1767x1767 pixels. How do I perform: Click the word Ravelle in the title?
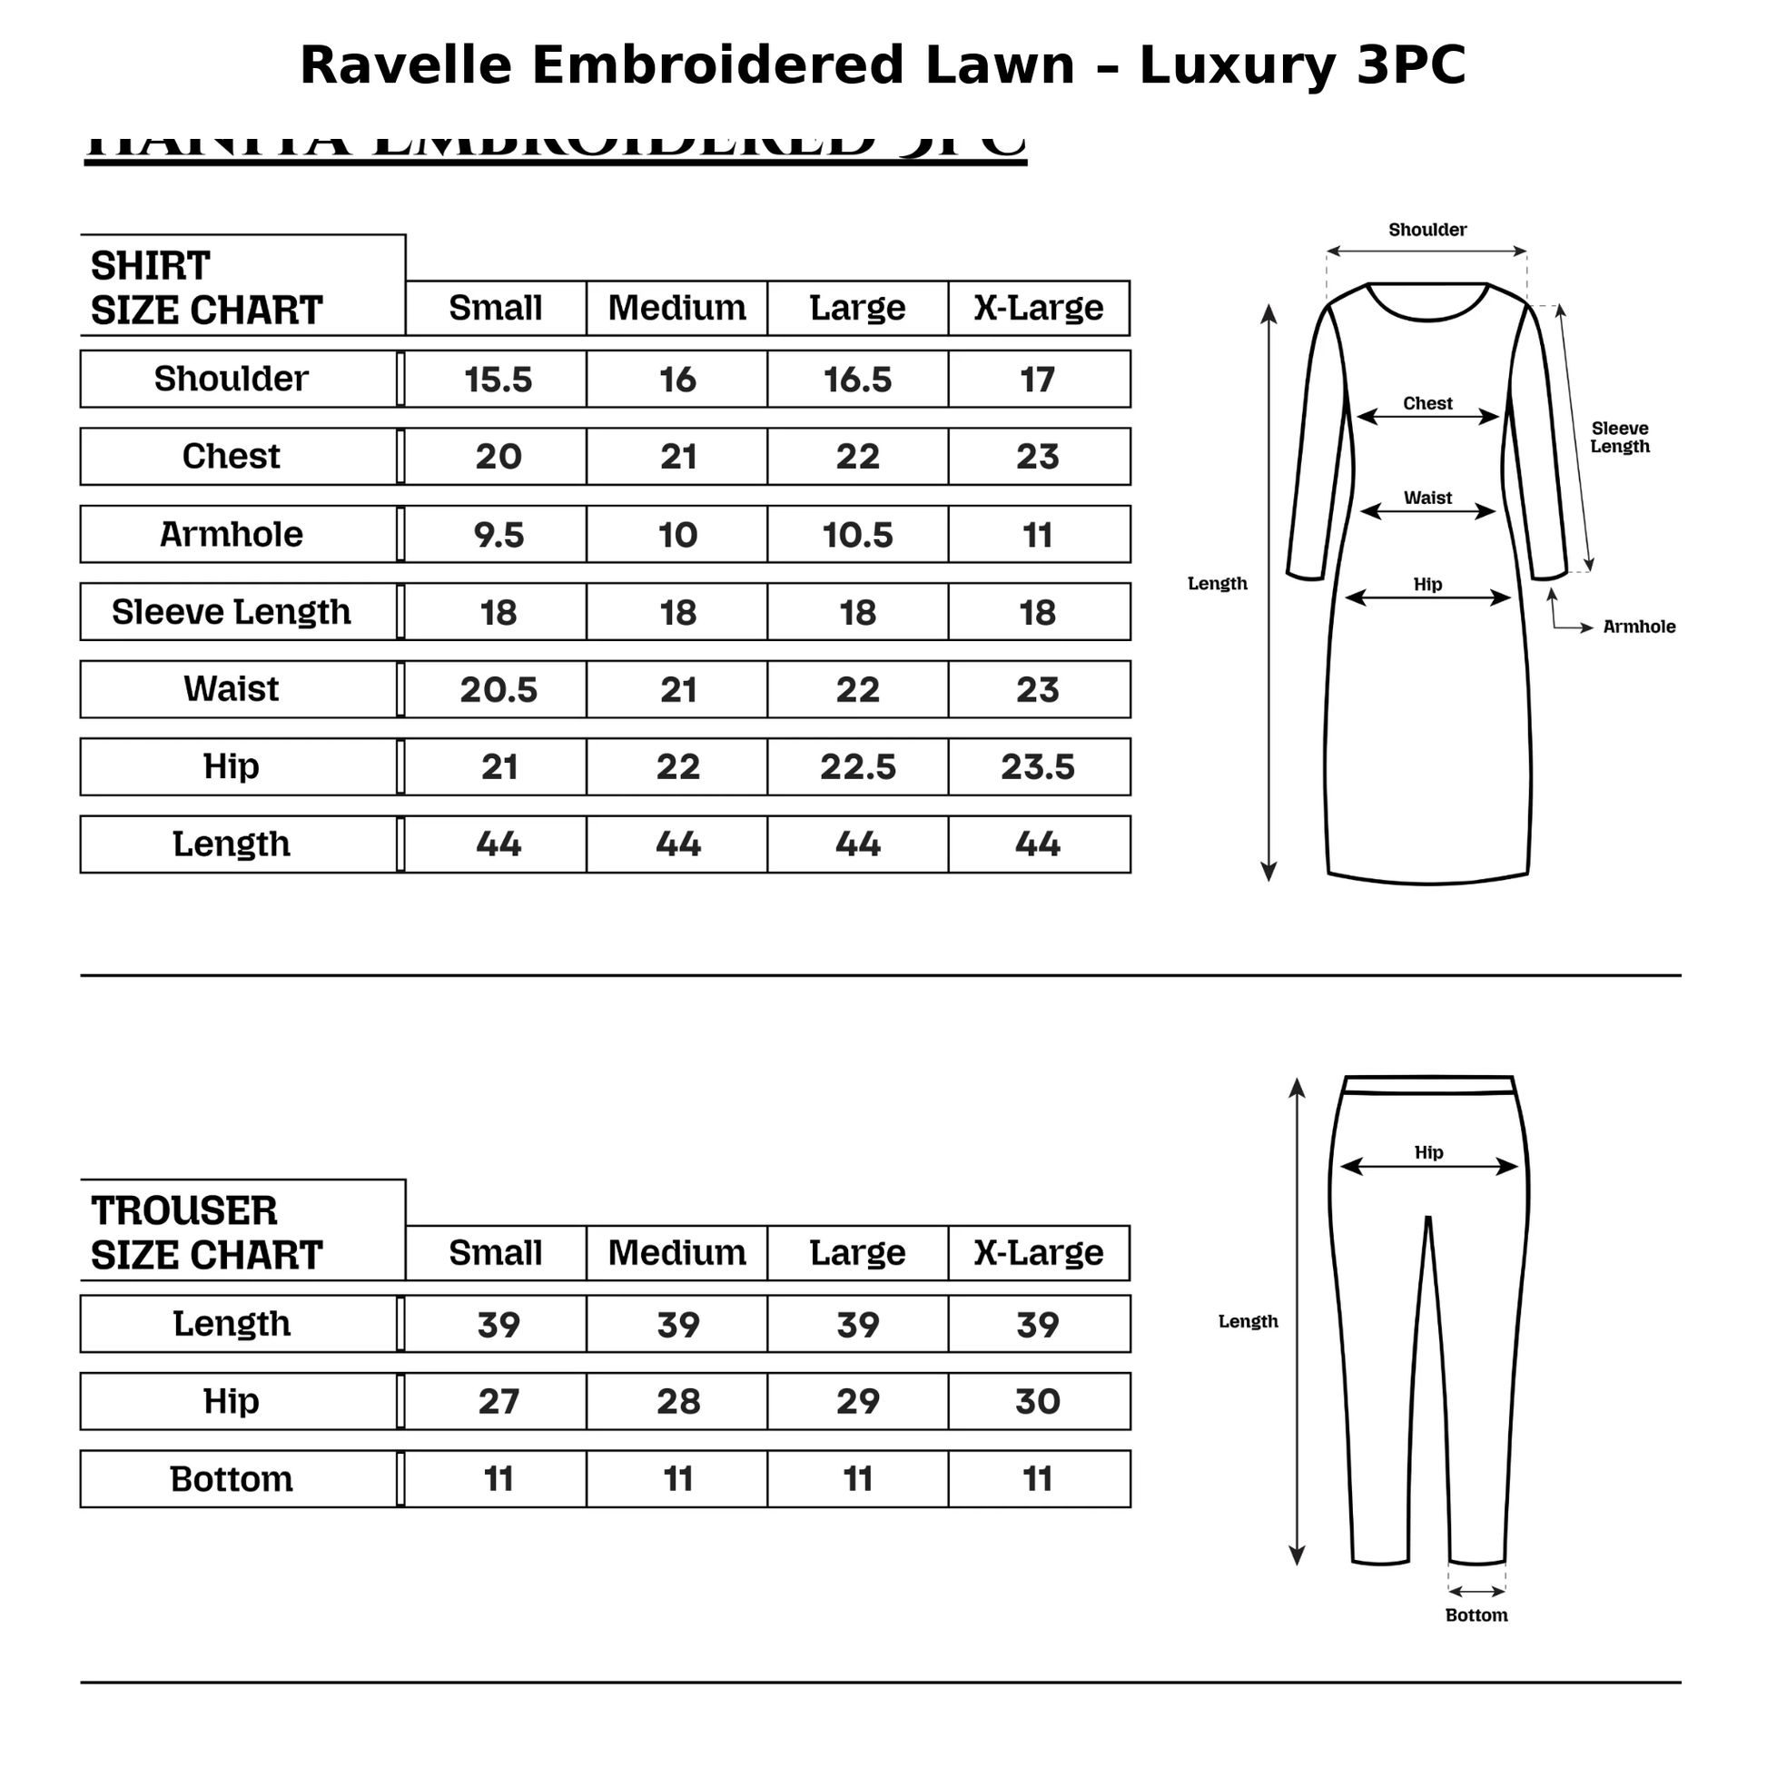pyautogui.click(x=405, y=66)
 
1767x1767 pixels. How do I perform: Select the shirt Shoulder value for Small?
pyautogui.click(x=498, y=380)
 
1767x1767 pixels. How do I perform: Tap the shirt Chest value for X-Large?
pyautogui.click(x=1037, y=457)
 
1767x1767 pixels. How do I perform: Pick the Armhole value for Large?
pyautogui.click(x=857, y=534)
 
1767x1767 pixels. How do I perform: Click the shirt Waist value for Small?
pyautogui.click(x=498, y=689)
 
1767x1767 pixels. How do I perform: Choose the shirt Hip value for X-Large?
pyautogui.click(x=1037, y=766)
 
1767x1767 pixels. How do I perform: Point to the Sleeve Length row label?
pyautogui.click(x=232, y=612)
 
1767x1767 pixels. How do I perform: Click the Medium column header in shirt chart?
pyautogui.click(x=676, y=308)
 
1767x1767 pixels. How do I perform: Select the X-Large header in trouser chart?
pyautogui.click(x=1038, y=1253)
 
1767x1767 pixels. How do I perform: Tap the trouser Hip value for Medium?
pyautogui.click(x=677, y=1401)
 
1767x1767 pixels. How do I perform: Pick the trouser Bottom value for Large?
pyautogui.click(x=857, y=1479)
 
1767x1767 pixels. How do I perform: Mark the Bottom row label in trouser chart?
pyautogui.click(x=232, y=1479)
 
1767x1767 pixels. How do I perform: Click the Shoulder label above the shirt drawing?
pyautogui.click(x=1426, y=230)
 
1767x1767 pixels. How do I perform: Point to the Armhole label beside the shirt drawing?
pyautogui.click(x=1639, y=627)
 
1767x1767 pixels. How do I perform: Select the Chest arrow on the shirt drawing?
pyautogui.click(x=1426, y=418)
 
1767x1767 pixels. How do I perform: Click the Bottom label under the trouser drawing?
pyautogui.click(x=1476, y=1615)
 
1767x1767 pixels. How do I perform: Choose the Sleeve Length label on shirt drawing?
pyautogui.click(x=1620, y=437)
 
